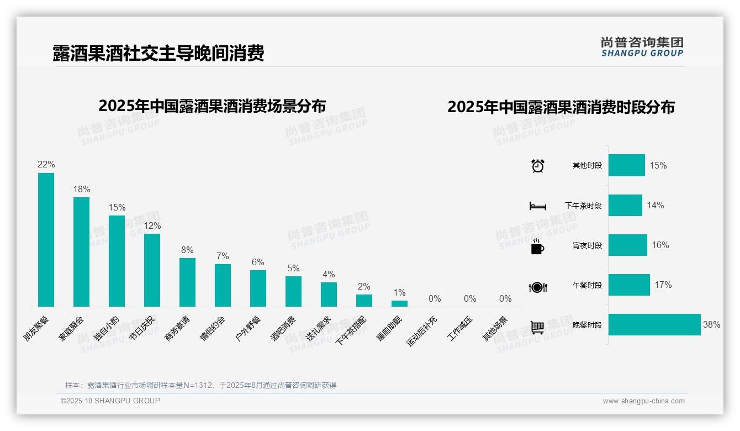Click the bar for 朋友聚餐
(46, 240)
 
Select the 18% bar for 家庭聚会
(81, 252)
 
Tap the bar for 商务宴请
(187, 282)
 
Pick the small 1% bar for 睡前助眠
(399, 303)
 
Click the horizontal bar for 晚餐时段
(654, 325)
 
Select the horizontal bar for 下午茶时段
(625, 205)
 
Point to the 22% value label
(46, 165)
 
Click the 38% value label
(711, 325)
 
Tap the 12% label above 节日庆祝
(152, 226)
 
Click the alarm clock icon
(538, 166)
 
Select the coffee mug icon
(537, 246)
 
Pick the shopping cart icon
(537, 327)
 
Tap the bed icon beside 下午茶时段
(537, 206)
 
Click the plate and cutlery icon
(538, 287)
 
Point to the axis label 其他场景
(495, 328)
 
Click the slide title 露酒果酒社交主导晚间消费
(158, 53)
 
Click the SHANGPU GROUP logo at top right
(642, 47)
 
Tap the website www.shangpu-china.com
(643, 401)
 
